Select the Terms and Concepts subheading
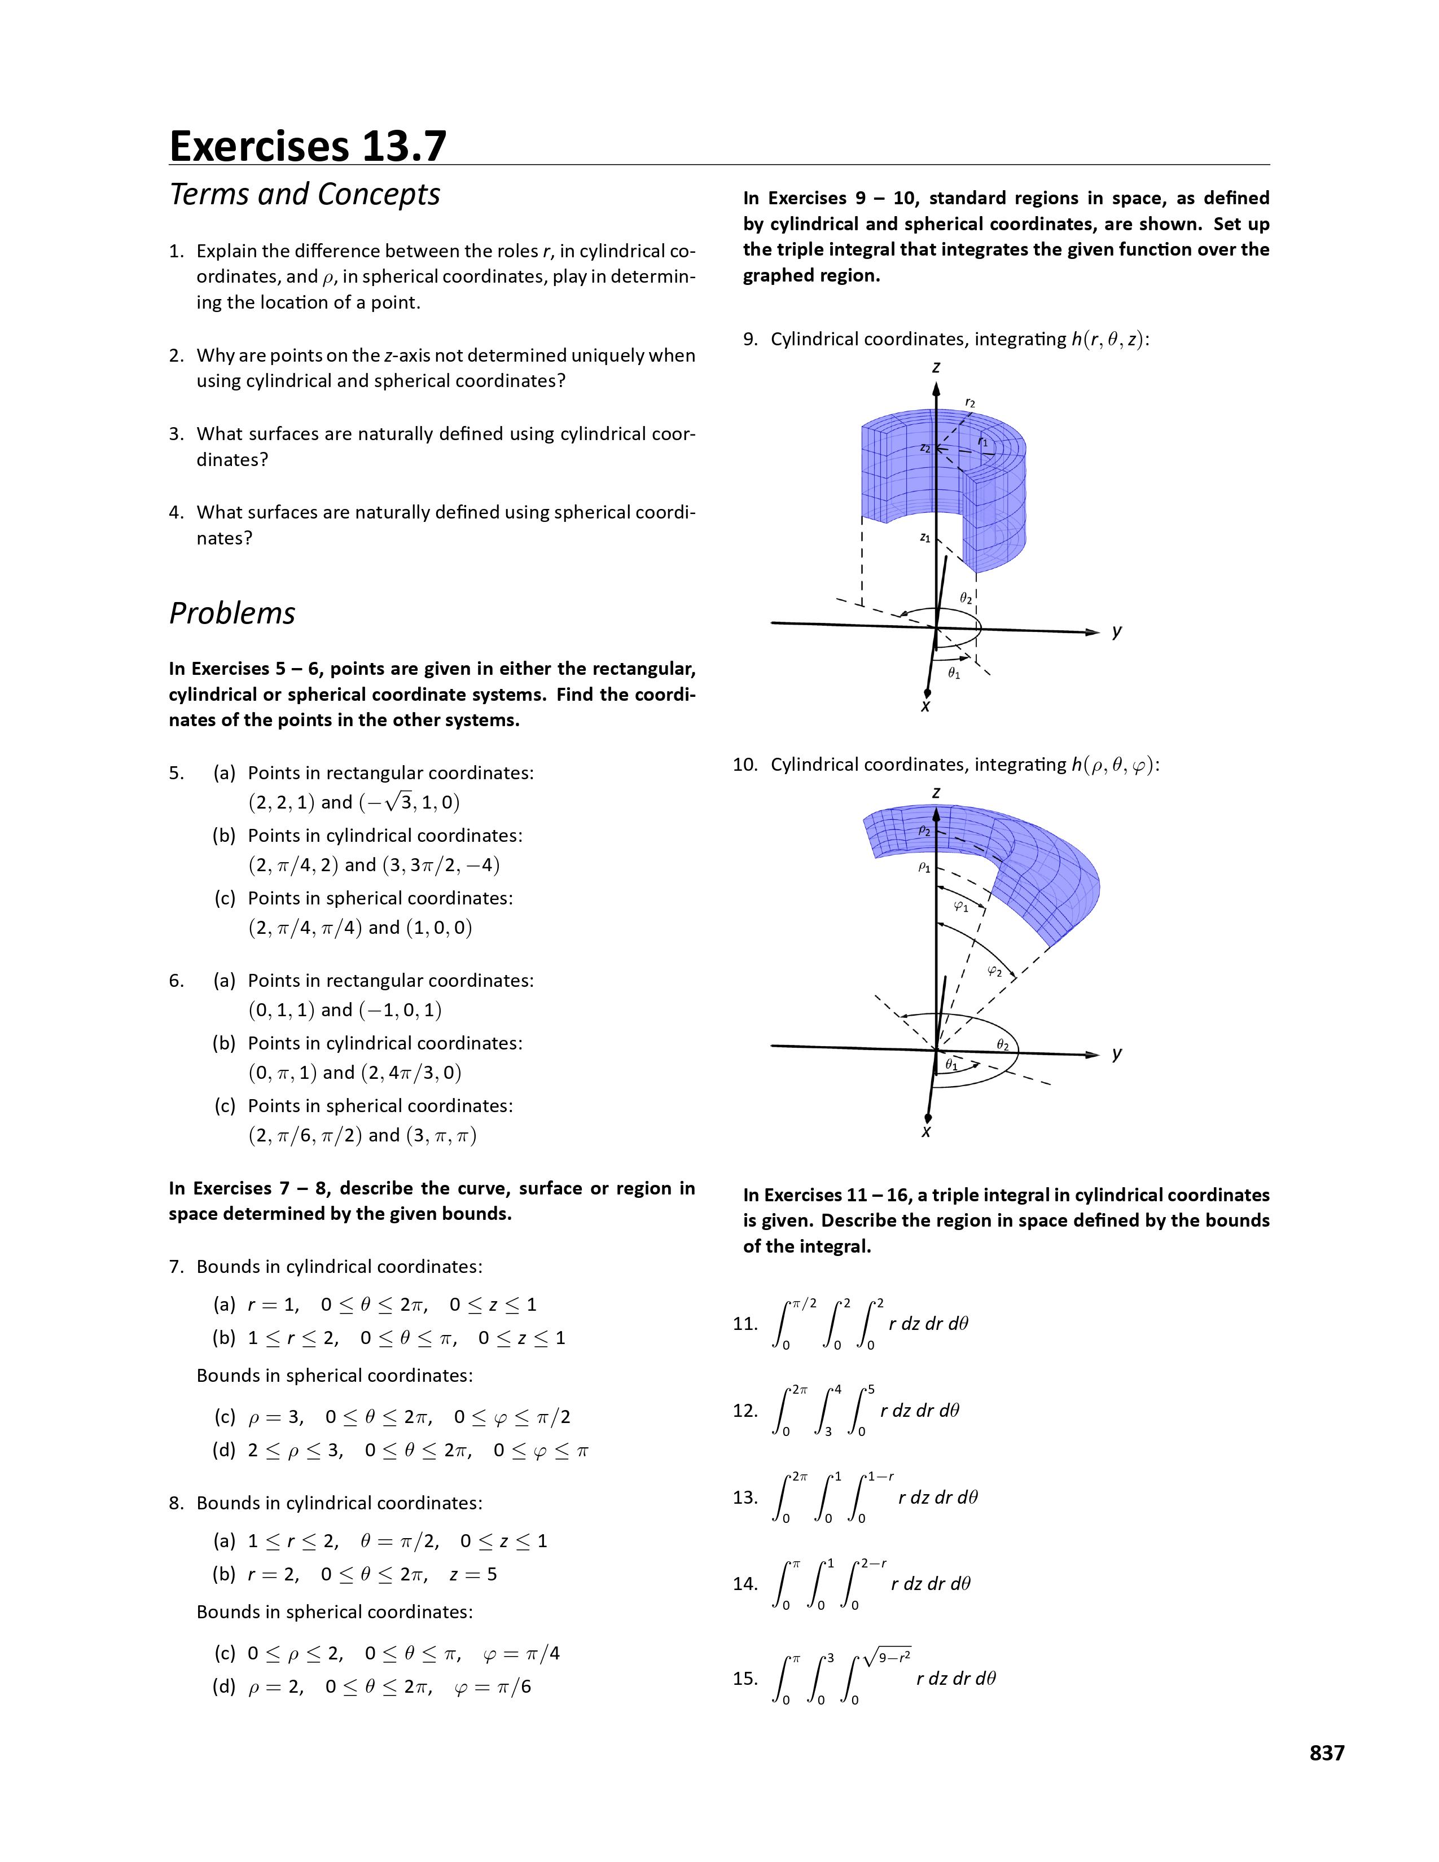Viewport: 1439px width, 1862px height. (x=304, y=195)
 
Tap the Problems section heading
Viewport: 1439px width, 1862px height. (x=232, y=613)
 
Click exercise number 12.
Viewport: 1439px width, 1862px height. (x=745, y=1410)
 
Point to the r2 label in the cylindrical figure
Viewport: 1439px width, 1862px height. (x=970, y=402)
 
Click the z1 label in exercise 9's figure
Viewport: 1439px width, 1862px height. (x=925, y=538)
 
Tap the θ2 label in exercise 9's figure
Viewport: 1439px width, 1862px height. (x=966, y=599)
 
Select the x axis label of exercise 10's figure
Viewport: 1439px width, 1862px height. (x=927, y=1131)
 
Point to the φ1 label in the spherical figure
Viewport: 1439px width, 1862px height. (x=961, y=906)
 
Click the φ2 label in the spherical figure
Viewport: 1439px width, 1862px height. (x=994, y=970)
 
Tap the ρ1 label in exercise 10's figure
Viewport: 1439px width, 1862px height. (x=924, y=867)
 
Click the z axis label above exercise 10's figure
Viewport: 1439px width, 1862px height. (x=936, y=793)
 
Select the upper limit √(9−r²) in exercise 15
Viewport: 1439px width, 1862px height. (x=888, y=1657)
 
